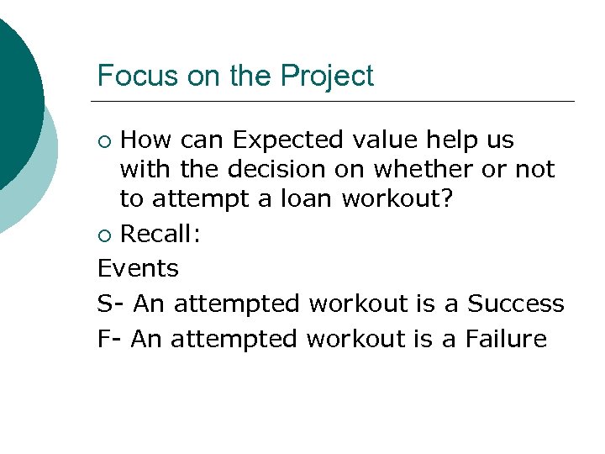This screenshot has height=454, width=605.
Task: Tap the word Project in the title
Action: pos(327,77)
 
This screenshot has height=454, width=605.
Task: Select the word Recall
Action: pos(160,234)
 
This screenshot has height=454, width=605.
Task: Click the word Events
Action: pos(138,268)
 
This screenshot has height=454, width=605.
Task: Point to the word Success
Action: pos(516,303)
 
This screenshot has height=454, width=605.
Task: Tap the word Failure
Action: pos(506,338)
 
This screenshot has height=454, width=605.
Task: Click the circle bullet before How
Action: pos(104,140)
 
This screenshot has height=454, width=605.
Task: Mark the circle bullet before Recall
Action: pos(104,235)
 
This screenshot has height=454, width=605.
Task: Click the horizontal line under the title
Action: pos(336,102)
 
